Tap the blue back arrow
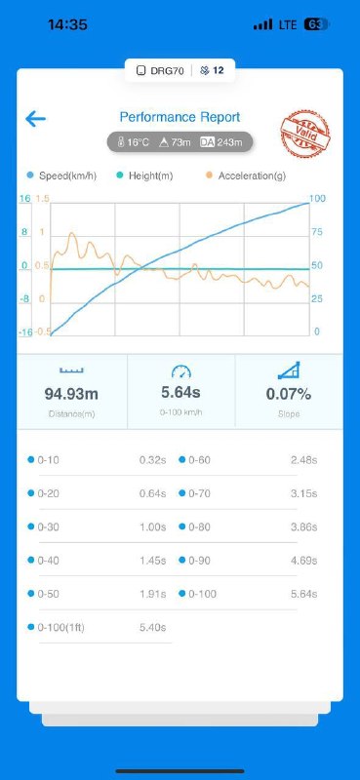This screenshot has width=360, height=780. (35, 119)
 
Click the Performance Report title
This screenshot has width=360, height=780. (180, 117)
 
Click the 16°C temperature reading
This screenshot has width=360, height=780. (133, 142)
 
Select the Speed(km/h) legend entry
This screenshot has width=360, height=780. (61, 175)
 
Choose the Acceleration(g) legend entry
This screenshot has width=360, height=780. (246, 175)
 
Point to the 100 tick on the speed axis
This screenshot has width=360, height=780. (317, 199)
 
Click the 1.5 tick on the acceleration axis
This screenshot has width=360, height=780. (42, 199)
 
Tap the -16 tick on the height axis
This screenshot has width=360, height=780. (26, 332)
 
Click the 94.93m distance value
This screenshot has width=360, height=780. (71, 395)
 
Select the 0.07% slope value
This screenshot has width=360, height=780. (289, 395)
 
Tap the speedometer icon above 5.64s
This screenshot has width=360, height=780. (180, 371)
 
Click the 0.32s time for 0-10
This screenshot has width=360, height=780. (152, 460)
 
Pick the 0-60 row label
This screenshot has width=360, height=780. (199, 460)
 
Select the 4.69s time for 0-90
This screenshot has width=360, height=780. (303, 561)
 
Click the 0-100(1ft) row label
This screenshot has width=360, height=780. (61, 628)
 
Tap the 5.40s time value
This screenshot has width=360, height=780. (152, 628)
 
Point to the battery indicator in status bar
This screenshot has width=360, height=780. (317, 24)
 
